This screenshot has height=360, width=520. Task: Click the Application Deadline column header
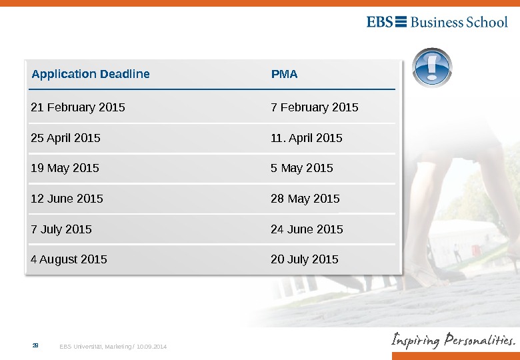91,74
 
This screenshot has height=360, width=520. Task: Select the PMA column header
284,74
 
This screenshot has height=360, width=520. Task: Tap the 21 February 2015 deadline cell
78,107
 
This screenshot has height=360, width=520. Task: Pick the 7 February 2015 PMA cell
315,107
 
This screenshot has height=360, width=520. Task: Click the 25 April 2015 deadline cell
66,138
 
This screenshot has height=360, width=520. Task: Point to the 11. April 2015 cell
307,138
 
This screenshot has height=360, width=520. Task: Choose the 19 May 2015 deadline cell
65,168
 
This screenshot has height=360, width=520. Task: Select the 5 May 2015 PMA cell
302,168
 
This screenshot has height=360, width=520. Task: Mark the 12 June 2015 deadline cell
67,199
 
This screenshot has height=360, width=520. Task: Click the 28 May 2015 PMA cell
305,199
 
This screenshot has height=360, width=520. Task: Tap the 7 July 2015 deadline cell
61,229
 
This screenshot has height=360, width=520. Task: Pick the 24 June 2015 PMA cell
307,229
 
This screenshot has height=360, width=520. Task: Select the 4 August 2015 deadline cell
69,259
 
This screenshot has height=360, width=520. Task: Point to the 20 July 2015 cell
305,259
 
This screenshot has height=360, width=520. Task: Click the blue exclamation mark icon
433,68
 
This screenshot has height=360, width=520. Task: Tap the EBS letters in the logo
380,22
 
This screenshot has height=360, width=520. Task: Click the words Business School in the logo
459,22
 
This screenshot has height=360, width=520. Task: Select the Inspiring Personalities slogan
453,341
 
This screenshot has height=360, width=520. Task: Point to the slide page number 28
36,346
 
